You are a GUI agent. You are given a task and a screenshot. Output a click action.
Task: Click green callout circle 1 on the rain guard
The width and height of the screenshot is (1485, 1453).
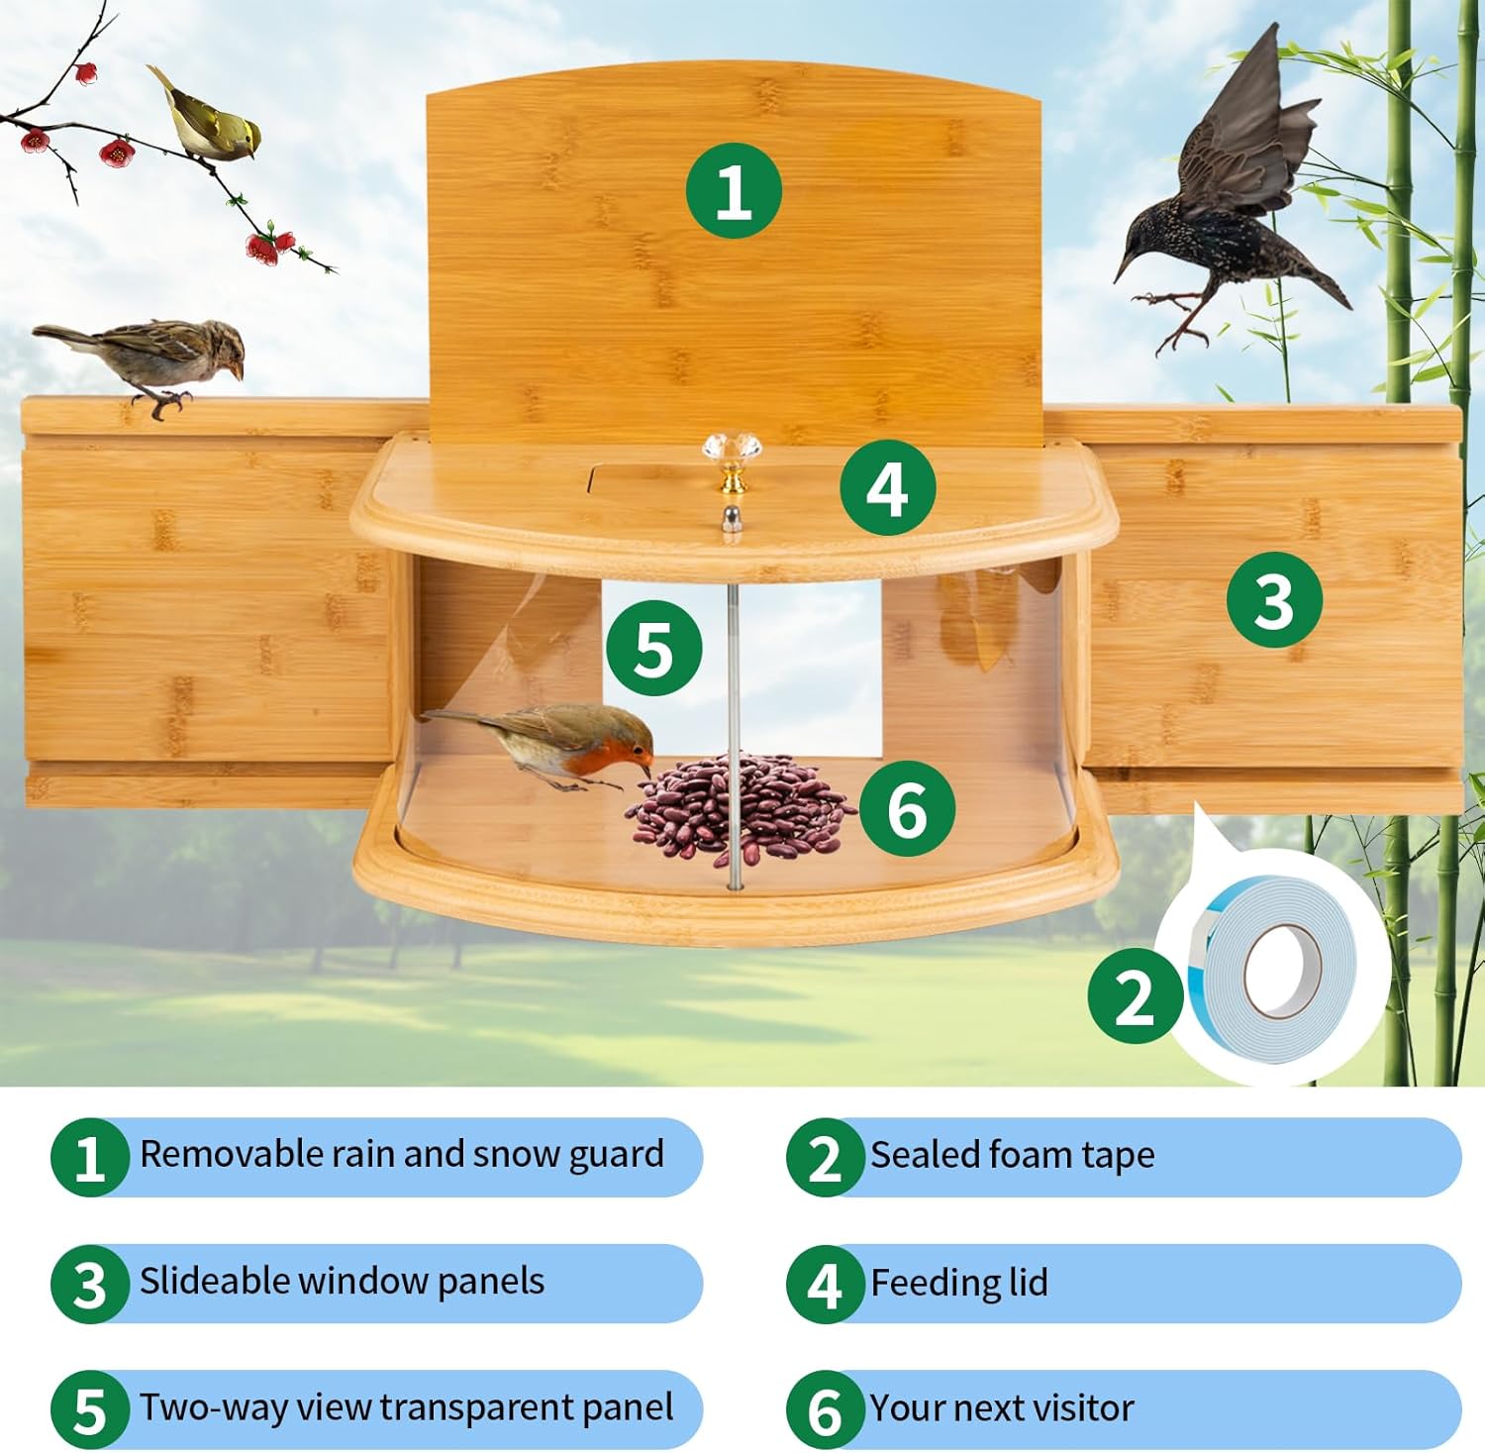tap(733, 190)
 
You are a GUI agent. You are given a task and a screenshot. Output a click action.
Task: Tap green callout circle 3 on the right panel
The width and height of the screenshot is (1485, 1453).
tap(1274, 599)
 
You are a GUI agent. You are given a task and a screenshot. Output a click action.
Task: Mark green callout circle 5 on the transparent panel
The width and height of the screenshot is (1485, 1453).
tap(653, 649)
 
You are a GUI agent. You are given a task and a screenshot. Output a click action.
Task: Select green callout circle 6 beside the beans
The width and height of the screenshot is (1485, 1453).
tap(906, 808)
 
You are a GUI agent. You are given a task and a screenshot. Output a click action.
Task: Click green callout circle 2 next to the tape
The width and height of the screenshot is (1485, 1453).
tap(1135, 995)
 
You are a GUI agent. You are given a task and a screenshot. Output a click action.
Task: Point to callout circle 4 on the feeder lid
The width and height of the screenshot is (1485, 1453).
tap(887, 487)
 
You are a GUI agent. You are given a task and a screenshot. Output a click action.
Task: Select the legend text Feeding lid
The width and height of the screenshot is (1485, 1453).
tap(958, 1283)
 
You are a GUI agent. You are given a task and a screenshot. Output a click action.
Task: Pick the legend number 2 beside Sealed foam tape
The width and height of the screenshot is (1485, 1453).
tap(825, 1158)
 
